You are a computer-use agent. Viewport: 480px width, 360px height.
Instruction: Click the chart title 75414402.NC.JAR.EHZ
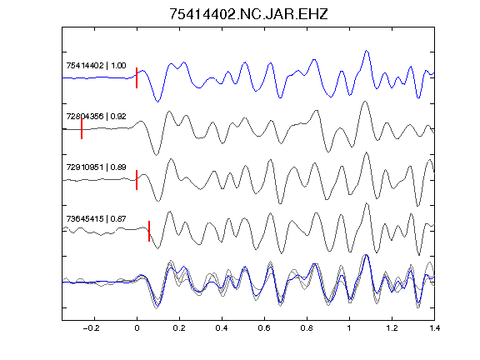(x=248, y=14)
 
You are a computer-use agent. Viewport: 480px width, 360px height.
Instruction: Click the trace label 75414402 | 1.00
(x=96, y=66)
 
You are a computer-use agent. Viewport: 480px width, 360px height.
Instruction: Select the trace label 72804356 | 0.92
(x=96, y=117)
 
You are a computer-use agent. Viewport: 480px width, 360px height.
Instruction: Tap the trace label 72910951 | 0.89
(x=96, y=167)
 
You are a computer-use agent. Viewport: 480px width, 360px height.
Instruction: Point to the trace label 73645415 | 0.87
(x=96, y=218)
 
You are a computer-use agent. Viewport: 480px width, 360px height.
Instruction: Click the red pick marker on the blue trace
(x=137, y=77)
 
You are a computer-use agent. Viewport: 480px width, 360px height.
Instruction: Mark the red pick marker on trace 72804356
(x=82, y=129)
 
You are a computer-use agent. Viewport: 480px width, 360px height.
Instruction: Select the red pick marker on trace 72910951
(x=137, y=180)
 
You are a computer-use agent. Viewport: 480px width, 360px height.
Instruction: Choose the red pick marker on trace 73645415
(x=149, y=231)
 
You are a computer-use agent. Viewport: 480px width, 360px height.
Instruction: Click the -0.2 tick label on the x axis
(x=92, y=328)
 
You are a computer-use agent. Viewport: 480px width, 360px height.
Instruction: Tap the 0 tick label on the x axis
(x=137, y=328)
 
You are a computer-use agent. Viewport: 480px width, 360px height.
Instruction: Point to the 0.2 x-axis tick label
(x=179, y=328)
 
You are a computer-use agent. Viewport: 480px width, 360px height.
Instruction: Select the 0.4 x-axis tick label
(x=222, y=328)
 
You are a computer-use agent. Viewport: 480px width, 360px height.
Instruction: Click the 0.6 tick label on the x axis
(x=264, y=328)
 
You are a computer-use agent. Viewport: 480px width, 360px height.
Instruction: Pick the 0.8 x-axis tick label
(x=307, y=328)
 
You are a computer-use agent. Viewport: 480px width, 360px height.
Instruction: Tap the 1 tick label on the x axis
(x=349, y=328)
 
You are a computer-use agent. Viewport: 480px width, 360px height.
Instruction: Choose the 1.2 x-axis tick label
(x=392, y=328)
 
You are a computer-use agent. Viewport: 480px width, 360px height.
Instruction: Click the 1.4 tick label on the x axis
(x=434, y=328)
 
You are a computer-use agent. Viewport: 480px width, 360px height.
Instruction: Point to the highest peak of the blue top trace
(x=367, y=51)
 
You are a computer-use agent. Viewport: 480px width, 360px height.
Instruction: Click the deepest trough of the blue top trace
(x=157, y=102)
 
